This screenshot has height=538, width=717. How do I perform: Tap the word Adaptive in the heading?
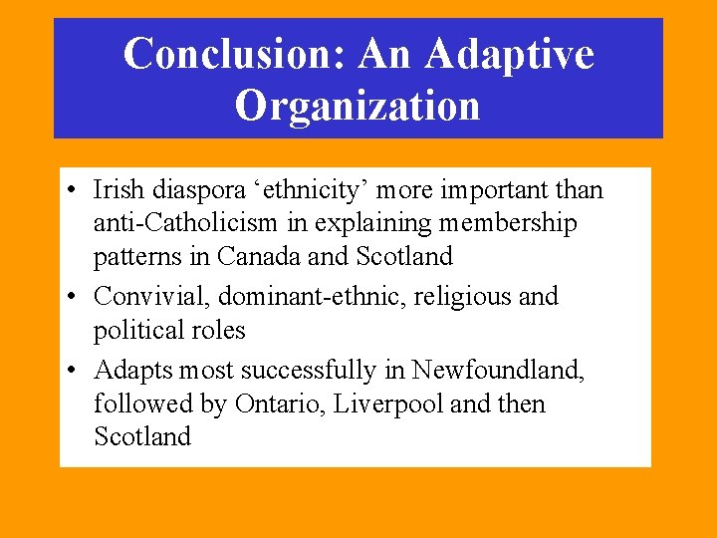[509, 54]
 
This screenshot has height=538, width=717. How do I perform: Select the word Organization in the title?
[358, 106]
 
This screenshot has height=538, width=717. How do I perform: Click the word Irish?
[116, 189]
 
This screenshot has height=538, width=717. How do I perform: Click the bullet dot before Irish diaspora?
[76, 190]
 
